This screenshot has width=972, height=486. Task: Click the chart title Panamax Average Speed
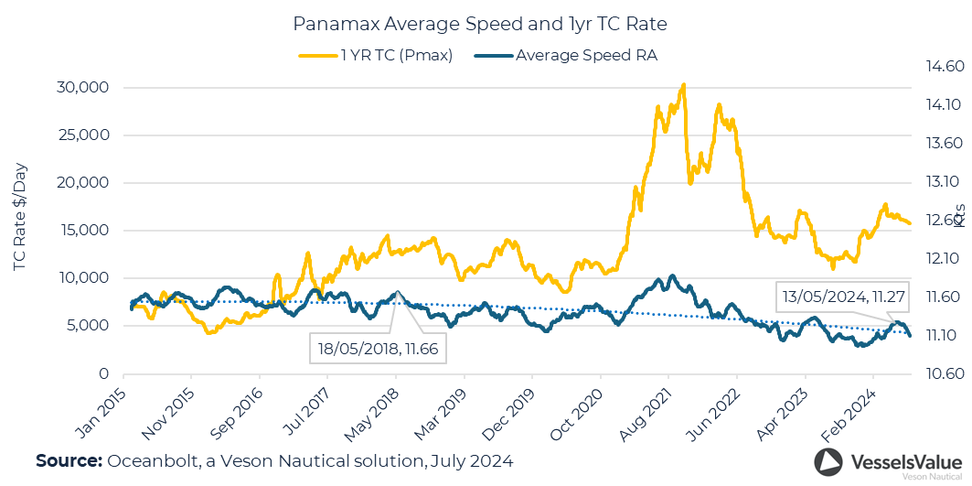486,21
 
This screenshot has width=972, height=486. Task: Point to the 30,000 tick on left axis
83,88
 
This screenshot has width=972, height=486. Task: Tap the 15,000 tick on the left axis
83,231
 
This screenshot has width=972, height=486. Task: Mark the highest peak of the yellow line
683,84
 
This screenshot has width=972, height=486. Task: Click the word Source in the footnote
68,460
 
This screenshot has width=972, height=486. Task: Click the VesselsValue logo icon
828,462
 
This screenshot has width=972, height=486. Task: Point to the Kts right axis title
959,216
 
